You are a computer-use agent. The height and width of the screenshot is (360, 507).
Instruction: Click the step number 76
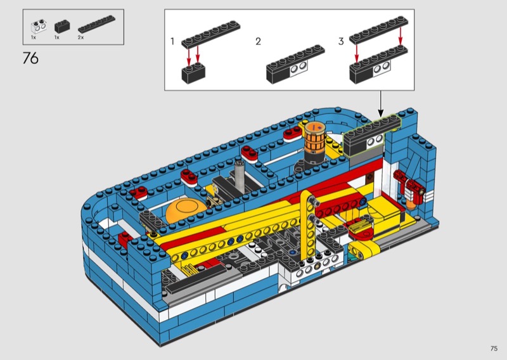coord(30,58)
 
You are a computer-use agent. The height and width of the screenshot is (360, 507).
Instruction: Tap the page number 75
coord(494,349)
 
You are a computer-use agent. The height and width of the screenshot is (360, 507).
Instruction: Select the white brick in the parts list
coord(39,27)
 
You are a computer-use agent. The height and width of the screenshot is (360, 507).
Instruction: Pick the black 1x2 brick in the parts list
coord(62,26)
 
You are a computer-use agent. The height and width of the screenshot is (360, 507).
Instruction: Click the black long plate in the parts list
coord(96,23)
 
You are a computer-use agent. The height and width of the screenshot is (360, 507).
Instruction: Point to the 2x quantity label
coord(80,37)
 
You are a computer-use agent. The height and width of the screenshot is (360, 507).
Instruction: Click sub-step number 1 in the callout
coord(172,41)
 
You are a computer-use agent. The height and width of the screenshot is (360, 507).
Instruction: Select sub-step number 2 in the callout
coord(258,41)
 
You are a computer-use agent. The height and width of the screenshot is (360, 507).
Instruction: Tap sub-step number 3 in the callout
coord(341,41)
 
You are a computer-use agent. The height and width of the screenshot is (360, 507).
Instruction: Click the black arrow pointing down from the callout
coord(381,104)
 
